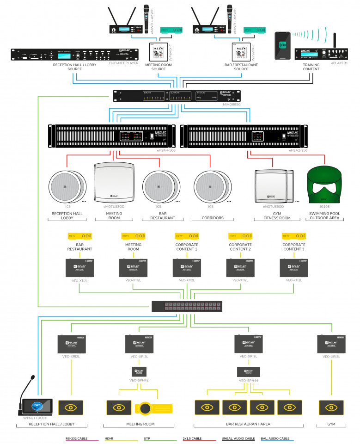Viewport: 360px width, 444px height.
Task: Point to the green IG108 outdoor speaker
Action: (x=323, y=185)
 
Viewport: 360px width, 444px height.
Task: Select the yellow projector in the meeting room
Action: (x=153, y=408)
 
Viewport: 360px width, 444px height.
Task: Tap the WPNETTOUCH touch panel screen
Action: (x=37, y=407)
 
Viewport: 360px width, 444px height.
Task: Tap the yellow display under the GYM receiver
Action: (x=331, y=407)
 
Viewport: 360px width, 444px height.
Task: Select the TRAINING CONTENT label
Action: (x=311, y=67)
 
